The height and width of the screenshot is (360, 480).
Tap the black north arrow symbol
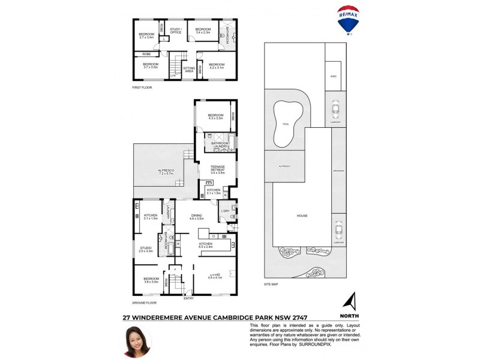click(350, 301)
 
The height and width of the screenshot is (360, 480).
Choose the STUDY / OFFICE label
click(176, 31)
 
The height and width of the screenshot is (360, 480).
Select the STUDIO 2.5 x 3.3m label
click(146, 249)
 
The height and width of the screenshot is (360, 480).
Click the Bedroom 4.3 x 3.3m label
click(215, 117)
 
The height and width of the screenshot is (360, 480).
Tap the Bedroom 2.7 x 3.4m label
click(146, 35)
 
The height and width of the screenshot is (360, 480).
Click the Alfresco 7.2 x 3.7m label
click(166, 172)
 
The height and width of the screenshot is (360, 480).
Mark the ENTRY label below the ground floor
click(188, 298)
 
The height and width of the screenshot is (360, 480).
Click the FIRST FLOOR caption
click(142, 88)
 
